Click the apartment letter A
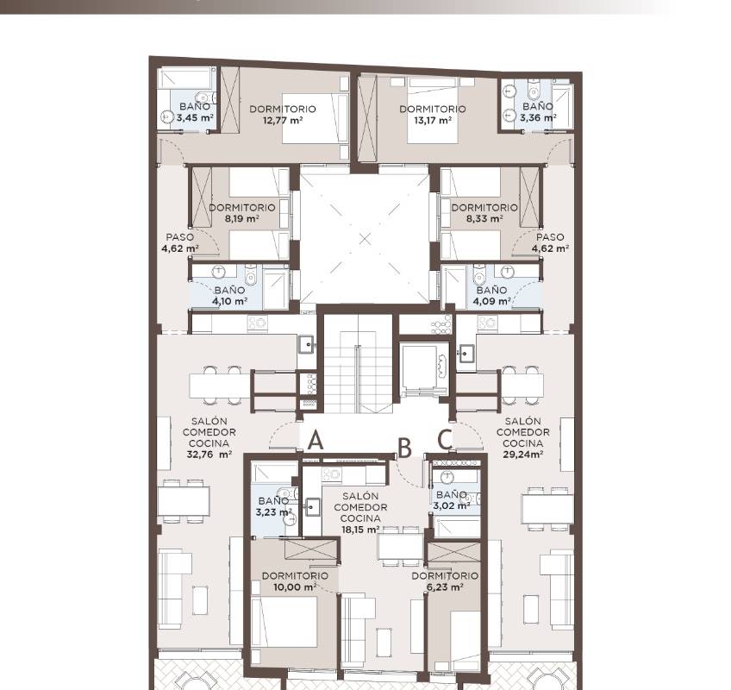click(316, 440)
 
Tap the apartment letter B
click(404, 448)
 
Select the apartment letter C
click(444, 440)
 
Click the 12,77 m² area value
click(283, 121)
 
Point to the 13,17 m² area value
click(433, 121)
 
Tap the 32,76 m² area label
click(209, 455)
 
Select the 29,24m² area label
click(523, 455)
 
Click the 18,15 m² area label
click(360, 530)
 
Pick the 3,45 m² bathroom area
click(195, 117)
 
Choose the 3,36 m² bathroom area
click(538, 117)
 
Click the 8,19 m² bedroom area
click(241, 218)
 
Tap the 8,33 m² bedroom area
click(484, 218)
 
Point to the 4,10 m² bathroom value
click(230, 301)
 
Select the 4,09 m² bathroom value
click(492, 301)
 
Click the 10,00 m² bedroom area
click(295, 586)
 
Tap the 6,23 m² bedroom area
click(445, 586)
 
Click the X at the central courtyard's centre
click(365, 239)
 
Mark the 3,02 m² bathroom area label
click(452, 505)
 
